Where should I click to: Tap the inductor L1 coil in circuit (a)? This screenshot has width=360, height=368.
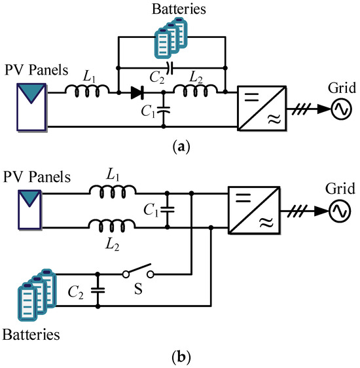tap(91, 92)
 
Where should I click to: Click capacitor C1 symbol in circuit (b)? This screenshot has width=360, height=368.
tap(168, 210)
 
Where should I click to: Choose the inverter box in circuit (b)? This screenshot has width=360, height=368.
tap(251, 210)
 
